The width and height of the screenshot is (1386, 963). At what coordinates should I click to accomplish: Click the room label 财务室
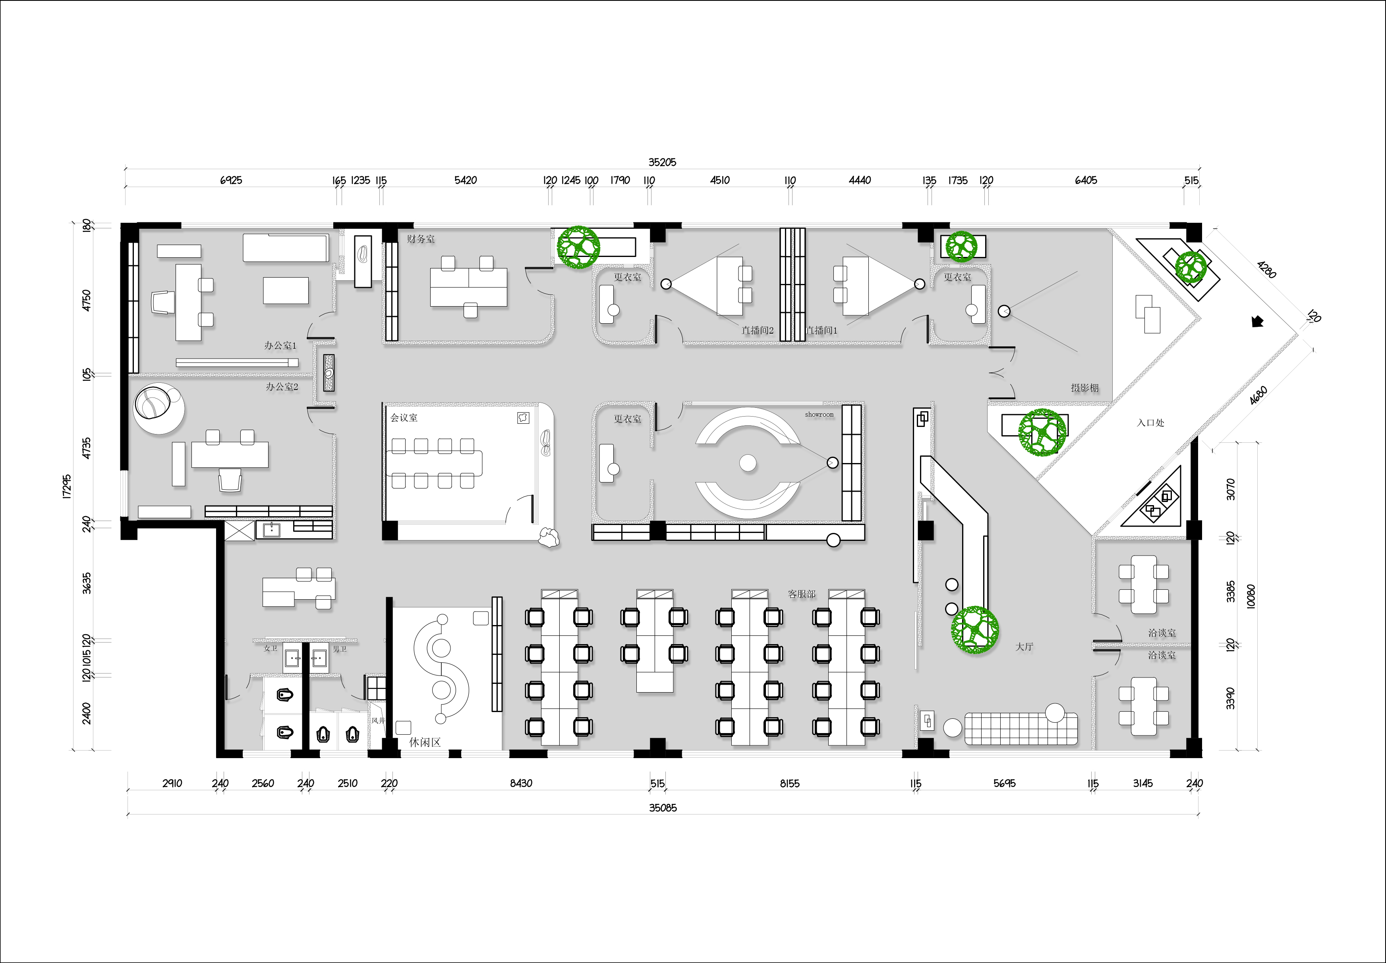point(421,239)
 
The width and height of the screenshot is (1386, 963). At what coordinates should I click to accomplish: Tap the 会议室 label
point(404,417)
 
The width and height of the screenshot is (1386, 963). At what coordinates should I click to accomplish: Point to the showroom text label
point(819,415)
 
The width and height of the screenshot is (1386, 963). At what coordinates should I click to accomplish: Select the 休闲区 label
point(425,742)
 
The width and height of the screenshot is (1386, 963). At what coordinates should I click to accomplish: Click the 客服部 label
point(802,594)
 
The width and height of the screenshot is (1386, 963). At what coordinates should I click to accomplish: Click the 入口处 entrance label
point(1150,423)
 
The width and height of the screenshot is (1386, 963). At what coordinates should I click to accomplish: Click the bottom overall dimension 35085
point(663,808)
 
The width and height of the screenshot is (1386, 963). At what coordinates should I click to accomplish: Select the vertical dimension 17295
point(67,486)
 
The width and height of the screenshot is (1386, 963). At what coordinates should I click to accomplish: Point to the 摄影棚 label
point(1085,388)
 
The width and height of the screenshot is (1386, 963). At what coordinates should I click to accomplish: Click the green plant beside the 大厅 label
point(975,630)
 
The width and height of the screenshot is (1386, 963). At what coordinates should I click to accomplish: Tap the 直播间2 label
point(758,331)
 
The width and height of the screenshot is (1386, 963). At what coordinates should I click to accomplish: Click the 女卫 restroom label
point(271,648)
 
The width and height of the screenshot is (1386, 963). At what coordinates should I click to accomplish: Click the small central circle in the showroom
point(748,463)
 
